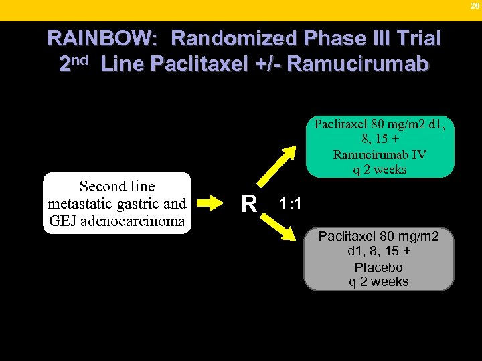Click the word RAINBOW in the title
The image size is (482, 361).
click(100, 39)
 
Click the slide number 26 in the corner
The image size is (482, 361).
click(475, 6)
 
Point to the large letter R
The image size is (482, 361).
click(249, 203)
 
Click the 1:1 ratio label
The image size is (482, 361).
click(290, 203)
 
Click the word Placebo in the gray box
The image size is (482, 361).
click(379, 267)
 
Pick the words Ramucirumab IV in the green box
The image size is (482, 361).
click(379, 154)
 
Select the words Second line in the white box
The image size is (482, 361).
click(116, 186)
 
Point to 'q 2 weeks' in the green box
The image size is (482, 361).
click(379, 169)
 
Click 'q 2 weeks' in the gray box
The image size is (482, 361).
click(379, 281)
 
